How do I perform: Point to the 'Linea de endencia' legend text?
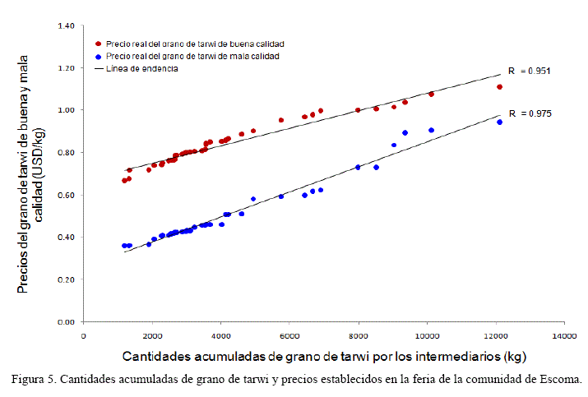[142, 69]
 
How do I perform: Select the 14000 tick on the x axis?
[564, 336]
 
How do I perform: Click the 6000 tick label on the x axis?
[289, 336]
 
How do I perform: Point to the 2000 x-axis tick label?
[151, 336]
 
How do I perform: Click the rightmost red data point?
[499, 87]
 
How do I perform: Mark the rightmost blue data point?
[499, 122]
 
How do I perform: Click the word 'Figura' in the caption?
[29, 380]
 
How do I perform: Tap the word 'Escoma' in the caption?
[560, 380]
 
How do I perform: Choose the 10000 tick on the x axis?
[426, 336]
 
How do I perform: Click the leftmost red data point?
[124, 181]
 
